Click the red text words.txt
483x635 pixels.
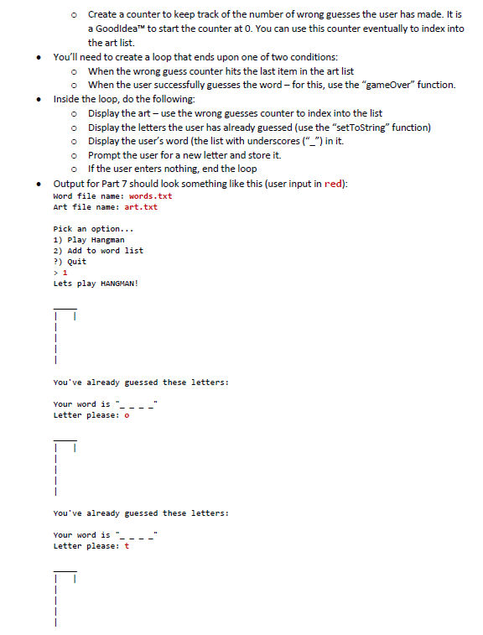tap(151, 196)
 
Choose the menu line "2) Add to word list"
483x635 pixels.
tap(98, 250)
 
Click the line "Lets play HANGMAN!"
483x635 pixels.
tap(96, 283)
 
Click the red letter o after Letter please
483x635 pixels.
tap(126, 415)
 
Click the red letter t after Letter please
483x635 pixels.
tap(126, 546)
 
